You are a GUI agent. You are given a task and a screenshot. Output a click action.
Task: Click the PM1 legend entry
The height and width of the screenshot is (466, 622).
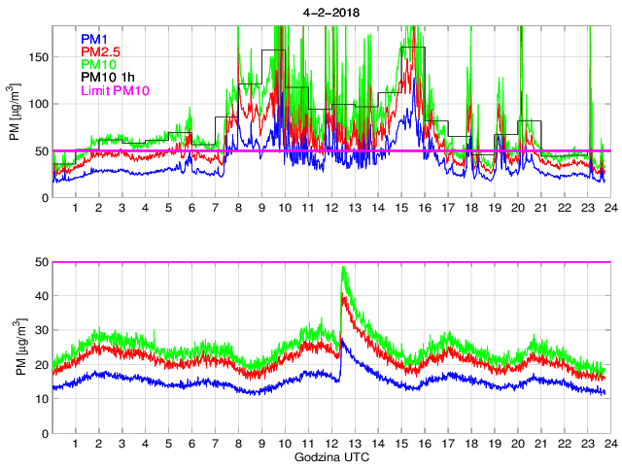coord(95,38)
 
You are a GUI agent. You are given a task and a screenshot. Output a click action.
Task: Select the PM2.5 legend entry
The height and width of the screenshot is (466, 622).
coord(100,51)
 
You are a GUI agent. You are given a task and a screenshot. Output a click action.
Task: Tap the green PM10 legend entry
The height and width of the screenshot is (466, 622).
coord(99,64)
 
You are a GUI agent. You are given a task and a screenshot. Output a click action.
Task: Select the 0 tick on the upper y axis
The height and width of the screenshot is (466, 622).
coord(44,197)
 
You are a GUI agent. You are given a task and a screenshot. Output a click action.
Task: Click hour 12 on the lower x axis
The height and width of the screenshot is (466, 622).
coord(331,444)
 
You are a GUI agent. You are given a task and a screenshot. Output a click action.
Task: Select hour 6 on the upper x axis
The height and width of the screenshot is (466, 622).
coord(191,209)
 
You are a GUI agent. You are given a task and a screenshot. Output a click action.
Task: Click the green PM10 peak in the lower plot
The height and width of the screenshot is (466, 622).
coord(343,268)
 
